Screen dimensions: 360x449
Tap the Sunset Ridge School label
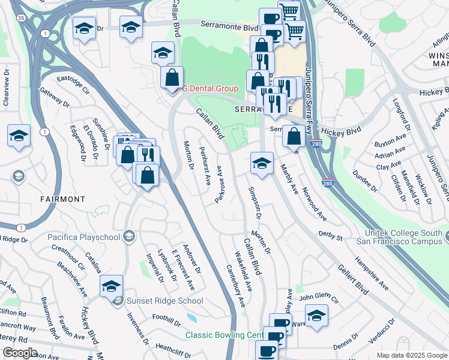point(164,301)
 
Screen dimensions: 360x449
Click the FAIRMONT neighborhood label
point(62,199)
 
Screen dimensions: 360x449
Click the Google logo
point(19,353)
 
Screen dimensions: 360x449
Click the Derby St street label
point(331,236)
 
